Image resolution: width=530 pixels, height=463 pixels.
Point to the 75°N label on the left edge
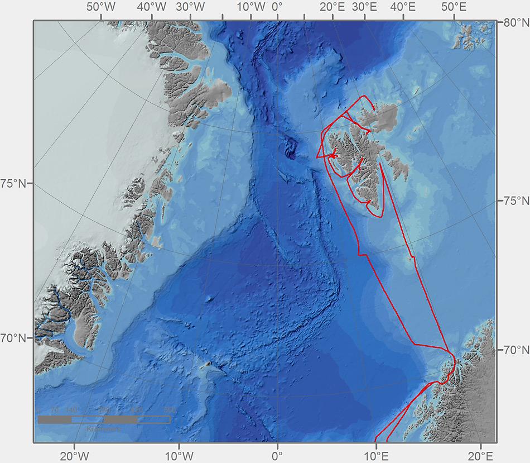click(16, 184)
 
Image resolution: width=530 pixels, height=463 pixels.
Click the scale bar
click(104, 419)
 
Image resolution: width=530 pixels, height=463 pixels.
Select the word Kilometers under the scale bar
click(104, 429)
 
